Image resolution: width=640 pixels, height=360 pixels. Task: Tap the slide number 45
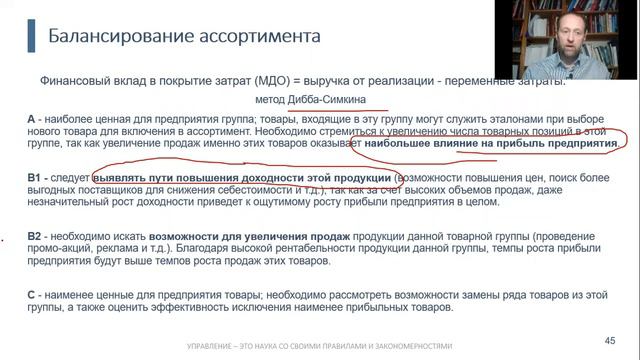(x=611, y=339)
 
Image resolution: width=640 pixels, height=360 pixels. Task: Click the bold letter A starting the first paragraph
(x=33, y=119)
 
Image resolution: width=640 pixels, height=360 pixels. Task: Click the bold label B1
(x=35, y=177)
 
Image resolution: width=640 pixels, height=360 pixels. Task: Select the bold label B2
(x=35, y=236)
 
